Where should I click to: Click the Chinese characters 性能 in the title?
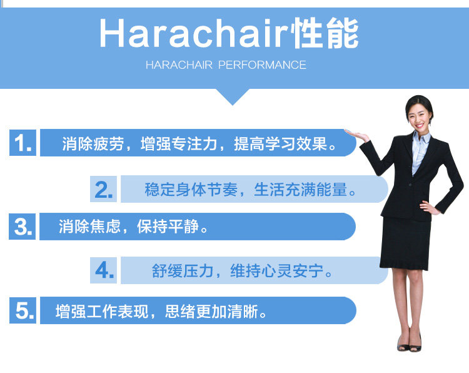pyautogui.click(x=326, y=33)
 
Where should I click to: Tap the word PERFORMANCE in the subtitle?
pyautogui.click(x=262, y=65)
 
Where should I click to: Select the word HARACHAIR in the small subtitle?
pyautogui.click(x=179, y=65)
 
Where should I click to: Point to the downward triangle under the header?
pyautogui.click(x=233, y=97)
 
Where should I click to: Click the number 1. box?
pyautogui.click(x=23, y=143)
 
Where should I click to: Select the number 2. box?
pyautogui.click(x=103, y=189)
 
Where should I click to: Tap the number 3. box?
pyautogui.click(x=23, y=227)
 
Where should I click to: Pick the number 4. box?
pyautogui.click(x=103, y=270)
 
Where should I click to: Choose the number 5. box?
pyautogui.click(x=23, y=310)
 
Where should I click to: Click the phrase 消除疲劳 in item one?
pyautogui.click(x=93, y=143)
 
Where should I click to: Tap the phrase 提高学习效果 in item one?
pyautogui.click(x=281, y=143)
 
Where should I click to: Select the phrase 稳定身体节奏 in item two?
pyautogui.click(x=191, y=190)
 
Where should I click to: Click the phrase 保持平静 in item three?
pyautogui.click(x=168, y=227)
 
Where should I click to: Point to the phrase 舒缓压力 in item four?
pyautogui.click(x=183, y=271)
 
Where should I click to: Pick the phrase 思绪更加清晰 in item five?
pyautogui.click(x=211, y=311)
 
